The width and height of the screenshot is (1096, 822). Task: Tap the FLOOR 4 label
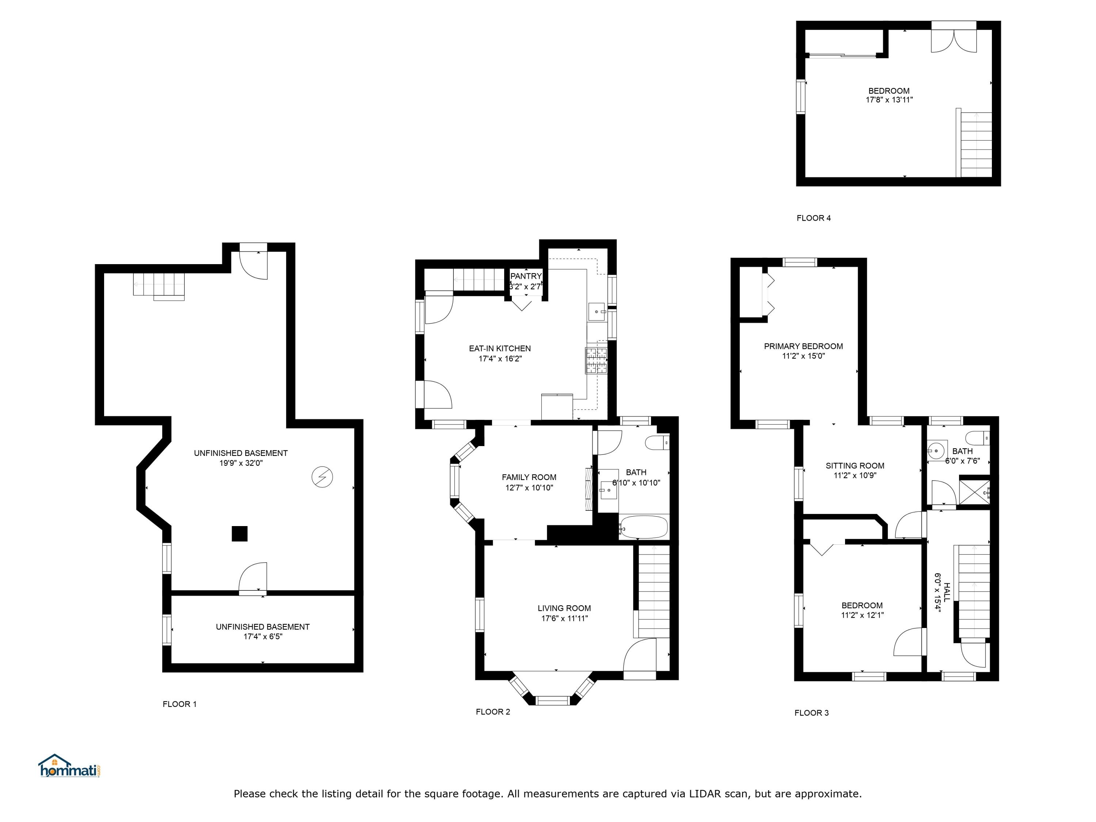(x=814, y=218)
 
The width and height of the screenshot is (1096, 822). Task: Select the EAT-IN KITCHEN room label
(x=500, y=348)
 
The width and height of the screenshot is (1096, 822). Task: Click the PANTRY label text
(x=526, y=276)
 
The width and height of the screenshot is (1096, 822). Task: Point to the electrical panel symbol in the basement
(x=322, y=477)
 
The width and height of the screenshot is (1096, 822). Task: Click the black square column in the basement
(x=240, y=534)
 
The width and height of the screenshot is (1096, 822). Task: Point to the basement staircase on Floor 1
(x=159, y=286)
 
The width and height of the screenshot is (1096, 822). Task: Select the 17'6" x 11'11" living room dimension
(x=564, y=619)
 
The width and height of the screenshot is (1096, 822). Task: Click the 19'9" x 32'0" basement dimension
(x=241, y=463)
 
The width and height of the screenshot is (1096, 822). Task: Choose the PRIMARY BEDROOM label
(x=803, y=346)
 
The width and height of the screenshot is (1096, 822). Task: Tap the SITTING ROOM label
(x=855, y=466)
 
